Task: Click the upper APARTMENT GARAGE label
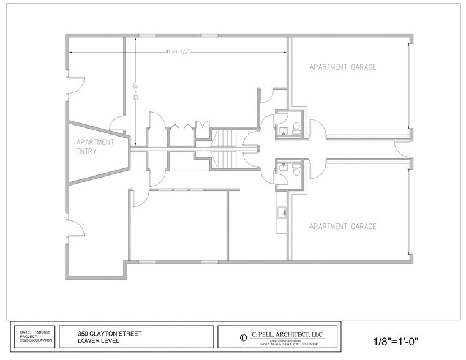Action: pyautogui.click(x=342, y=67)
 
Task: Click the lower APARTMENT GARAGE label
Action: pyautogui.click(x=342, y=227)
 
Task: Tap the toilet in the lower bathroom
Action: pyautogui.click(x=296, y=167)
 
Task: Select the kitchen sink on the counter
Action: pyautogui.click(x=282, y=213)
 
